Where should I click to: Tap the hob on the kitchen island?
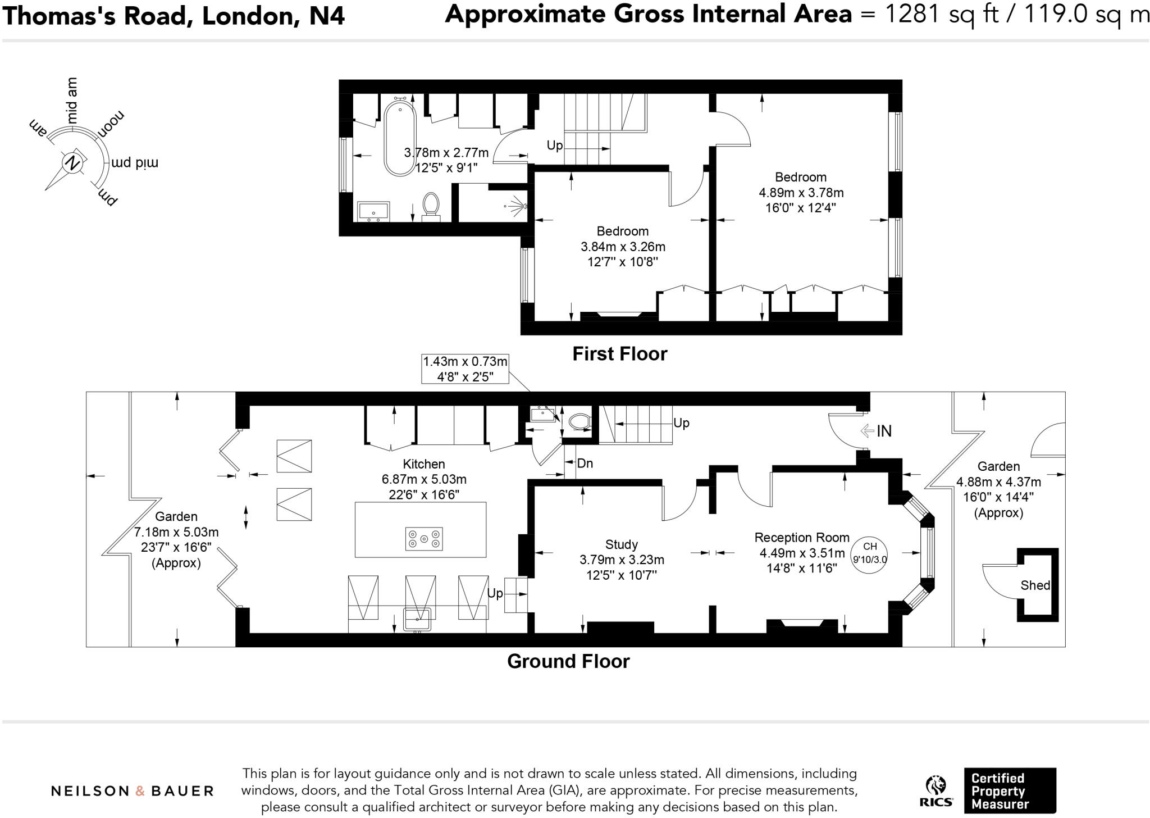point(423,539)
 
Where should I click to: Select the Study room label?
point(621,544)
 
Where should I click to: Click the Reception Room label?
point(801,537)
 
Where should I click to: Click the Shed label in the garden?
point(1035,585)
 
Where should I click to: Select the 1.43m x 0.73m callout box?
point(465,369)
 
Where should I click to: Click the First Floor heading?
point(619,354)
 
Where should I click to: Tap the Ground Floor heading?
point(568,661)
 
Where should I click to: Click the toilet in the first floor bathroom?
point(431,206)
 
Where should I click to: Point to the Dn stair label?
point(585,463)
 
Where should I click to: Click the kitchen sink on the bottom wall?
point(417,619)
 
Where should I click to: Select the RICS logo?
point(935,791)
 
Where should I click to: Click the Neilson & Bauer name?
point(133,791)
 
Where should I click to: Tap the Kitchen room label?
point(423,464)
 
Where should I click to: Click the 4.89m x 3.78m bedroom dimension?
point(801,193)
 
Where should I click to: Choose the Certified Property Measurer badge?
point(1010,790)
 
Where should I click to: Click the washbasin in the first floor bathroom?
point(373,212)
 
